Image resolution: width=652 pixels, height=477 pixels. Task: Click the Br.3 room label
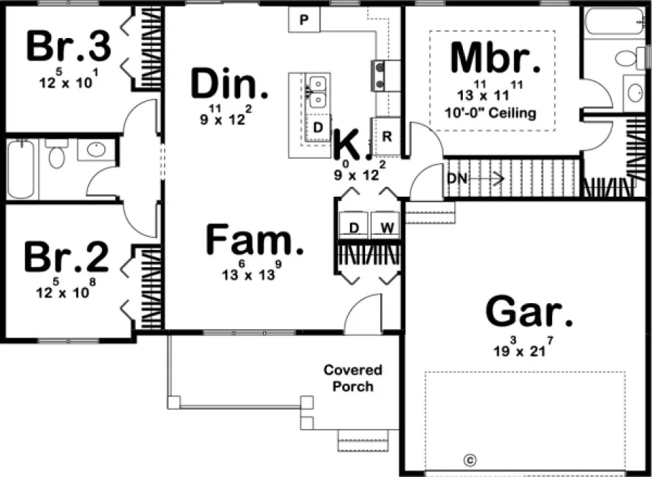69,47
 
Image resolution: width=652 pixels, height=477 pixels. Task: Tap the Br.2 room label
66,257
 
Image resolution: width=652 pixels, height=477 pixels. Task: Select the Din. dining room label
229,85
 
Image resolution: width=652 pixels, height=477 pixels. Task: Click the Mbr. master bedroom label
495,60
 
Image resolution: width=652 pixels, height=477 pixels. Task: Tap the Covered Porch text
353,379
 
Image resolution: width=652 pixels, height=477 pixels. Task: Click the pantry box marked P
304,20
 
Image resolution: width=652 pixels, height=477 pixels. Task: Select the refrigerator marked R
386,136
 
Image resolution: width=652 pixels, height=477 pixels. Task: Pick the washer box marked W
385,228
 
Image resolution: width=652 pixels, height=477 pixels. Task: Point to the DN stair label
457,178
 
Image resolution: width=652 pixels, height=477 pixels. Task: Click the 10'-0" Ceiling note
492,113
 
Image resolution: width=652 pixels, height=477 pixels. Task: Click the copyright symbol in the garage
470,459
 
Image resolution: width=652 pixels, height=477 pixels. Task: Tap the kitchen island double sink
316,92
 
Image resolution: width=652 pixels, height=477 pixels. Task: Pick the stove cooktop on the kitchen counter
379,75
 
